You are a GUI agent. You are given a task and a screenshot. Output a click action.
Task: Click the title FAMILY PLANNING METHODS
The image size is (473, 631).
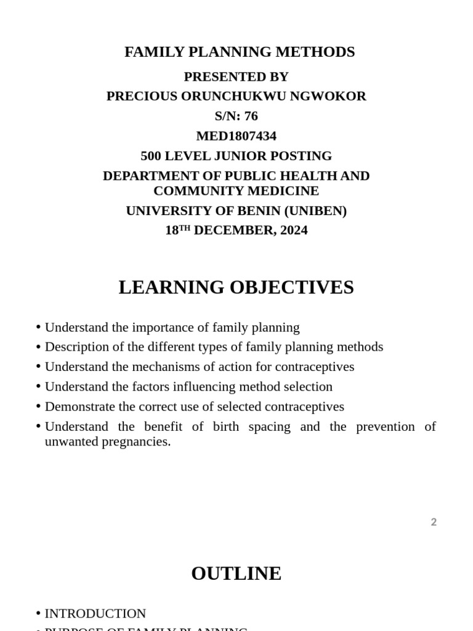point(240,52)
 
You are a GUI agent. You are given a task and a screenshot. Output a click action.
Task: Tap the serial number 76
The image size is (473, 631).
point(251,116)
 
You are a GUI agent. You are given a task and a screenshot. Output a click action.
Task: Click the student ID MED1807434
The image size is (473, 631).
point(236,136)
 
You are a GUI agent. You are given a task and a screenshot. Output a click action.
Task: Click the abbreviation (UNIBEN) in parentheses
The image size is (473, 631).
point(315,211)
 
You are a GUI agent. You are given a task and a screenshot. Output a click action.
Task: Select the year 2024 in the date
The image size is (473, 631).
point(294,230)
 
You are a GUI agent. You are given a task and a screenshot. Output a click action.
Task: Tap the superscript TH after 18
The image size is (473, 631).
point(185,228)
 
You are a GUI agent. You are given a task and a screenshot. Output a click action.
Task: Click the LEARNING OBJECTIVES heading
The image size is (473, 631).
point(236,288)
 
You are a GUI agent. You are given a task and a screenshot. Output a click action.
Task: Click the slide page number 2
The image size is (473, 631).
point(434,523)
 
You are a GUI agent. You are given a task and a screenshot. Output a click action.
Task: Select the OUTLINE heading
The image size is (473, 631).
point(236,574)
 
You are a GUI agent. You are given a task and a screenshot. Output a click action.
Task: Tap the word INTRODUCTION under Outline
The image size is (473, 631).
point(95,614)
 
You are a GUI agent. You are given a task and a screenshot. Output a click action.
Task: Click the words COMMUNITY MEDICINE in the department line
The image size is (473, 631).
point(236,191)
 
